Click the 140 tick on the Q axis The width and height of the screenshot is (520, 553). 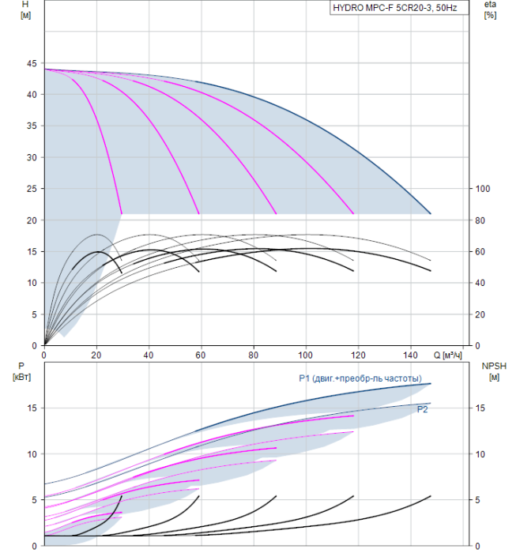[x=410, y=354]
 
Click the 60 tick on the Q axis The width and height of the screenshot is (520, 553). [x=200, y=354]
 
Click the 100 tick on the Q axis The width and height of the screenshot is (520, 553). [x=305, y=354]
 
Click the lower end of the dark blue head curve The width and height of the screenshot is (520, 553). [x=431, y=213]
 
